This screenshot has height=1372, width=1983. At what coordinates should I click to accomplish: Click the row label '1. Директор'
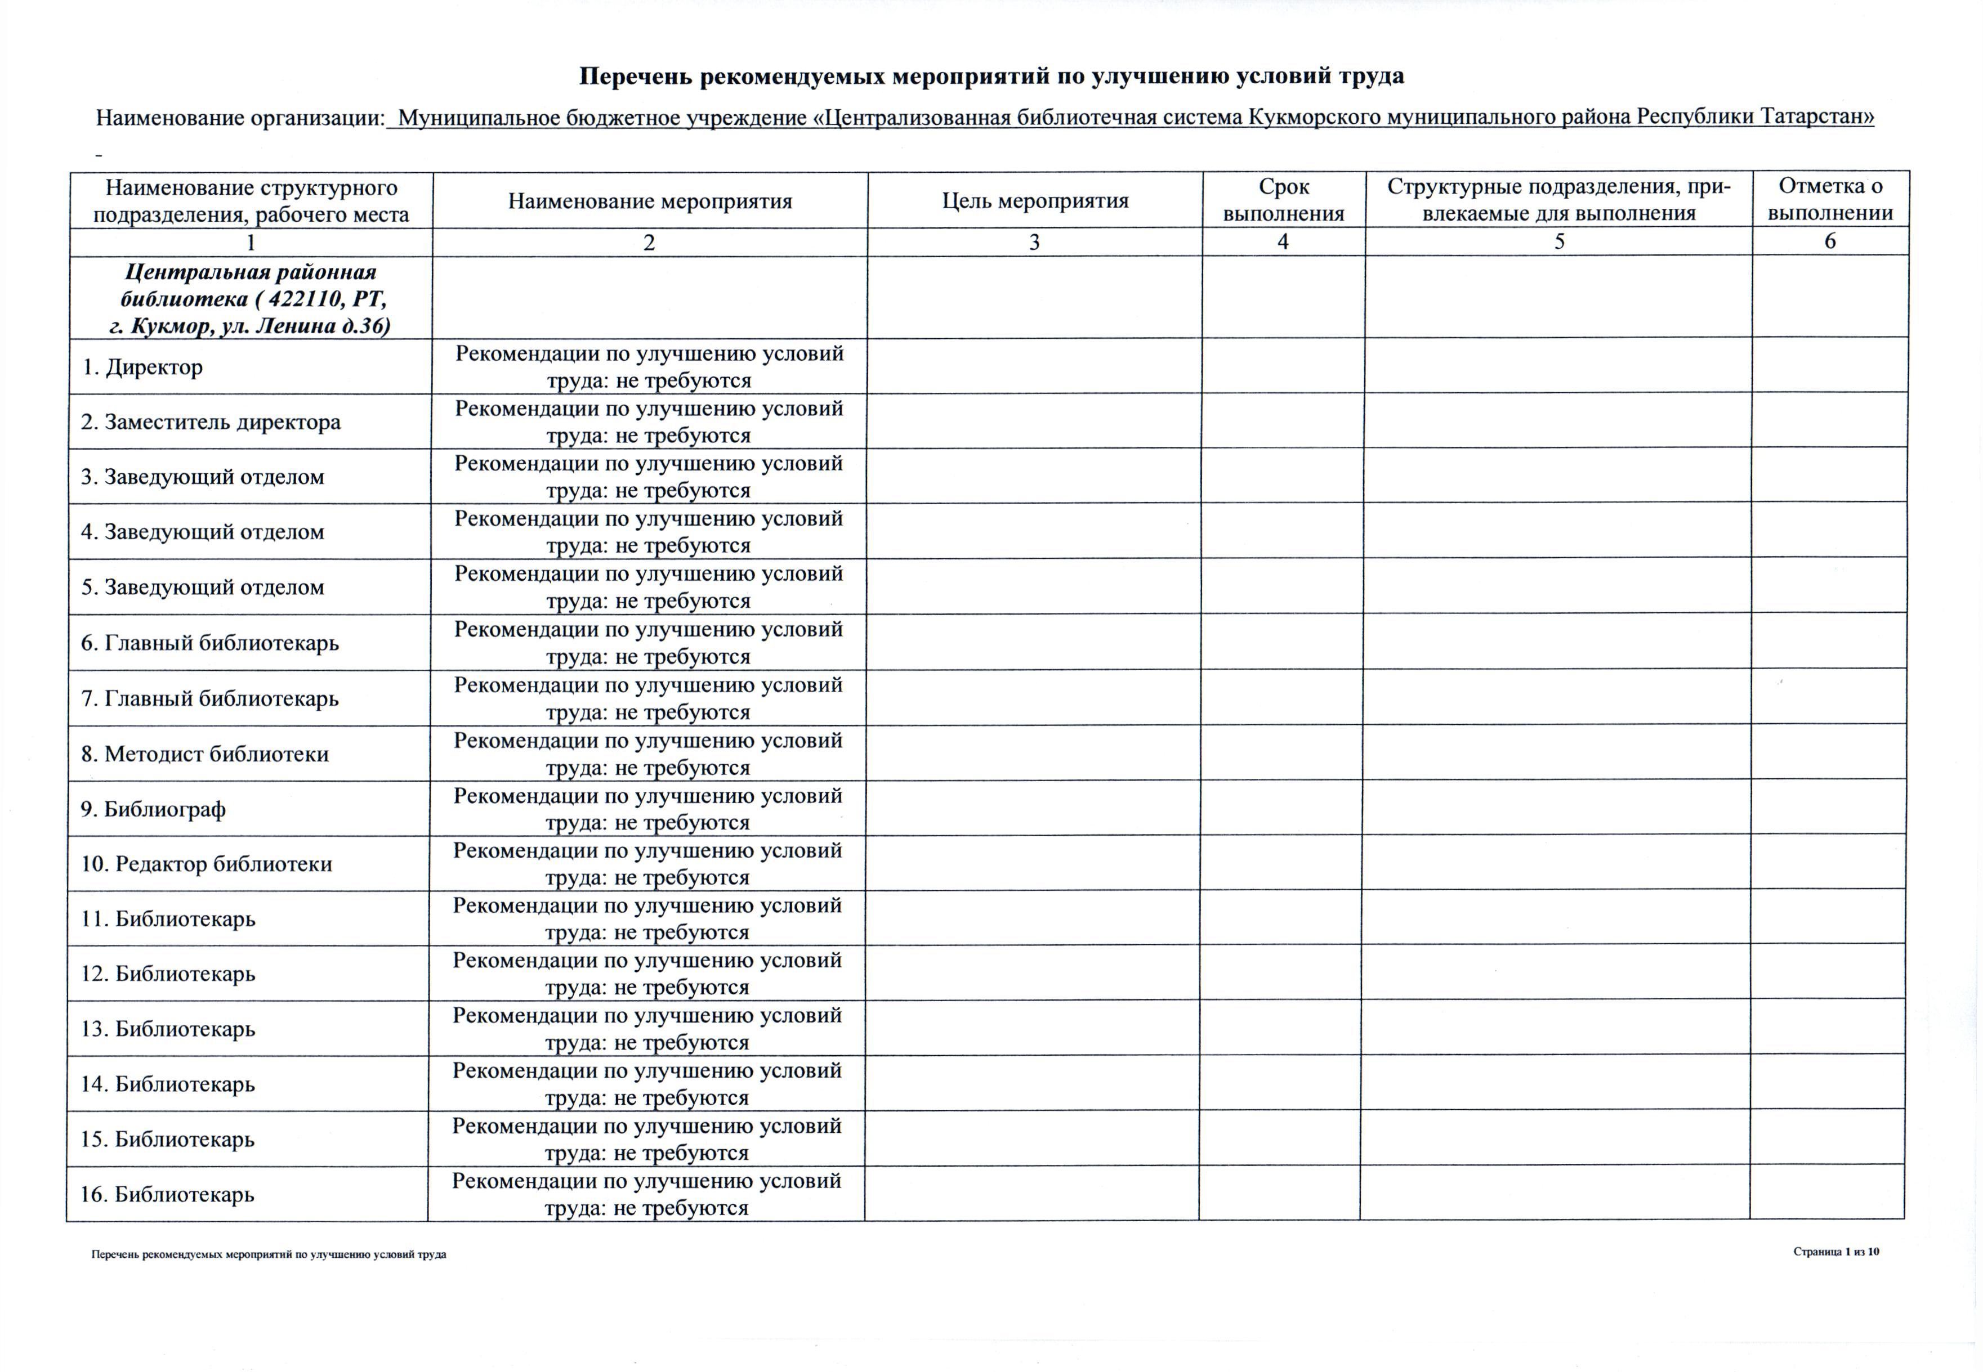(x=143, y=367)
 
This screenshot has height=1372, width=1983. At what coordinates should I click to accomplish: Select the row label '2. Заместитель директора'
(x=211, y=422)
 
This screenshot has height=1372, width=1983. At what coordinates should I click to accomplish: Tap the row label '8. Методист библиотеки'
(x=205, y=754)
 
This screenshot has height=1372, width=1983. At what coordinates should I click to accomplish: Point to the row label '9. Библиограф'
(x=153, y=809)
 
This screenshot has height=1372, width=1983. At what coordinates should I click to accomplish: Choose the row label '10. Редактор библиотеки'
(x=207, y=864)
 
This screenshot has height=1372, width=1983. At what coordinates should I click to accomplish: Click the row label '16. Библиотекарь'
(x=168, y=1194)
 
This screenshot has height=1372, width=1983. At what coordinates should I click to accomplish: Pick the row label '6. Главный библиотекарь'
(x=210, y=643)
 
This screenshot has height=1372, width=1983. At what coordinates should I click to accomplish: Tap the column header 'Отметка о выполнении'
(x=1830, y=199)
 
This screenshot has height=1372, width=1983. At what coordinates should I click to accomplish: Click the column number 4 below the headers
(x=1283, y=241)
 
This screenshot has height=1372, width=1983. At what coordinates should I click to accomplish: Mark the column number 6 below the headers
(x=1830, y=241)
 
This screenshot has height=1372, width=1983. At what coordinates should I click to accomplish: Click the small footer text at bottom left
(x=269, y=1254)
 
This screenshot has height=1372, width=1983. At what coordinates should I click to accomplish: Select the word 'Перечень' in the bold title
(x=635, y=77)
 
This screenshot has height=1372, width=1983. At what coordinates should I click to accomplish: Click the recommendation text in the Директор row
(x=649, y=367)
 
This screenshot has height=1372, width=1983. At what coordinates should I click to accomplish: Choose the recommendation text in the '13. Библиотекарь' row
(x=647, y=1029)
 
